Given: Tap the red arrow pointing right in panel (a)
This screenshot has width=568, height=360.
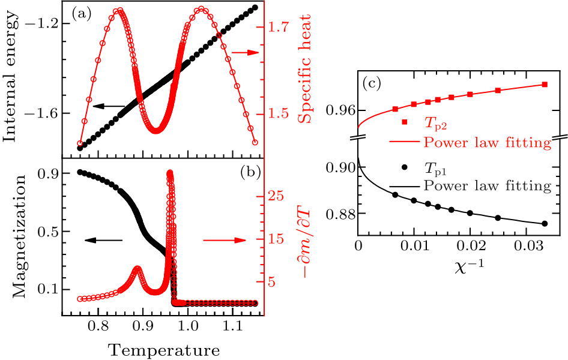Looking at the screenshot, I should tap(244, 53).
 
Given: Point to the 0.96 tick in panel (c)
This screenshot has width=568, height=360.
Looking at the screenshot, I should tap(340, 110).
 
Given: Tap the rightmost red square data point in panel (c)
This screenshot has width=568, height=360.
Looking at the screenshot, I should tap(545, 85).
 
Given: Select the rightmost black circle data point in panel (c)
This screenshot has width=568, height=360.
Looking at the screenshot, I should tap(545, 224).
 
